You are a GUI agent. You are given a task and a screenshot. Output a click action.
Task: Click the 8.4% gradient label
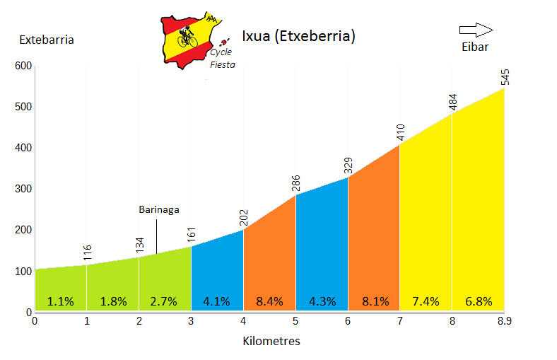pyautogui.click(x=269, y=301)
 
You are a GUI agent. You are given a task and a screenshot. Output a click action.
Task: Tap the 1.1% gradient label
pyautogui.click(x=61, y=301)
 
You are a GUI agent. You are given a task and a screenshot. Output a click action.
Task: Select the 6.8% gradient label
pyautogui.click(x=479, y=301)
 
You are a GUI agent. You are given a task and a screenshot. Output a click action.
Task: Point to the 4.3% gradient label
pyautogui.click(x=322, y=301)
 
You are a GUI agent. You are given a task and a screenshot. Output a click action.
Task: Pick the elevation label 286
pyautogui.click(x=297, y=182)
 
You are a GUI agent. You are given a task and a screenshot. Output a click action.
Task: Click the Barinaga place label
pyautogui.click(x=158, y=210)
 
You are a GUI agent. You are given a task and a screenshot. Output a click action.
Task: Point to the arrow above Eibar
pyautogui.click(x=476, y=30)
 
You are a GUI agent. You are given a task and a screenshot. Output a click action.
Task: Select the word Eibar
pyautogui.click(x=475, y=47)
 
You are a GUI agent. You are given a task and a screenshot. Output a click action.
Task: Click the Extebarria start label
pyautogui.click(x=47, y=40)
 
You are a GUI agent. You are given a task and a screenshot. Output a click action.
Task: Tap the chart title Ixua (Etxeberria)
pyautogui.click(x=298, y=36)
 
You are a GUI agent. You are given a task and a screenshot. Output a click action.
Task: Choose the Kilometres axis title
pyautogui.click(x=271, y=342)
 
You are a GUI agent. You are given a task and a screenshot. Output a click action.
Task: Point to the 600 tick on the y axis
pyautogui.click(x=23, y=66)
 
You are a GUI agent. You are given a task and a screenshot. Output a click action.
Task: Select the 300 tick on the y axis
pyautogui.click(x=23, y=189)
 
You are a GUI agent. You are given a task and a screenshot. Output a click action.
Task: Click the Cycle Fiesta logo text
pyautogui.click(x=222, y=58)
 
